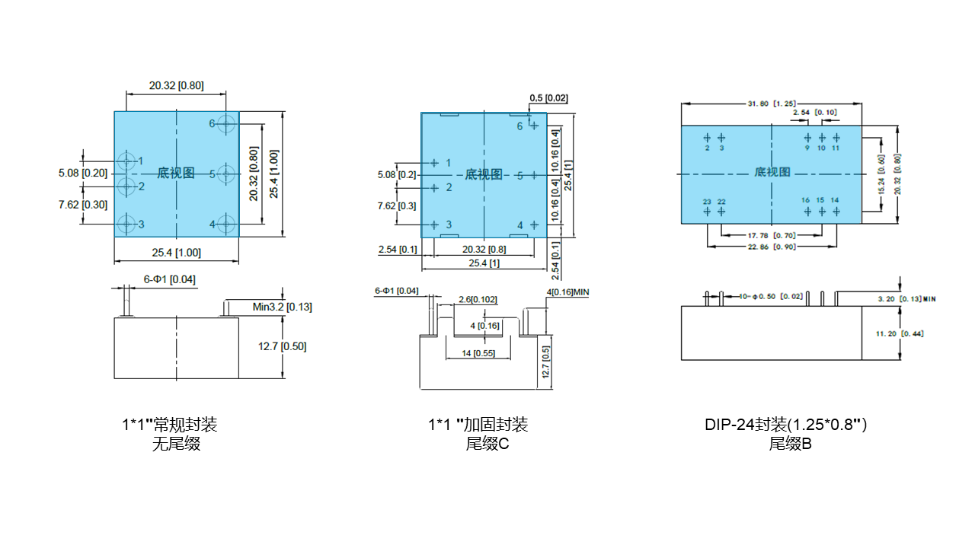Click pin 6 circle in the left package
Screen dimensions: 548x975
tap(226, 123)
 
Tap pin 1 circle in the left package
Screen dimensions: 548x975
tap(126, 161)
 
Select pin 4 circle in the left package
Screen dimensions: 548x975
tap(225, 224)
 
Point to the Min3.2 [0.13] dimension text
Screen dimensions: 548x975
tap(282, 307)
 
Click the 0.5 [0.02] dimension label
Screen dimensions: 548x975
tap(548, 98)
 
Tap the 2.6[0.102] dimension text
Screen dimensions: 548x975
tap(477, 299)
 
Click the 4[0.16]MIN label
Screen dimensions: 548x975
tap(567, 292)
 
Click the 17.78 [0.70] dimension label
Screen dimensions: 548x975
tap(771, 235)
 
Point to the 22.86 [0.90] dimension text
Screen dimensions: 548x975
tap(771, 247)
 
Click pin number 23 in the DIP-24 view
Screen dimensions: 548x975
tap(707, 202)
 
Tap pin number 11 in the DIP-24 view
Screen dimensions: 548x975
tap(836, 148)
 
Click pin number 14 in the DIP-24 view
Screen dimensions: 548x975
tap(835, 200)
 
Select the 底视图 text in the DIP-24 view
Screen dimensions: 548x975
tap(772, 172)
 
